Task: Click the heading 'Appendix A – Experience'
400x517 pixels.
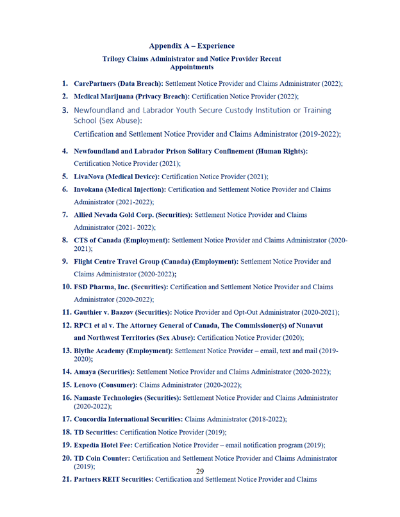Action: coord(192,46)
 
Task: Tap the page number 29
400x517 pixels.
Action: coord(200,472)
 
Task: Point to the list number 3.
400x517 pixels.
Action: coord(65,110)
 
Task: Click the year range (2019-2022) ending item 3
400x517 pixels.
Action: coord(319,135)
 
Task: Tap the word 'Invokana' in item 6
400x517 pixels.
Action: coord(91,190)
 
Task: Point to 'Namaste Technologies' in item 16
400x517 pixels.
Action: coord(113,397)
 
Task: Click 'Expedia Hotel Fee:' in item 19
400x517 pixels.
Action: coord(103,445)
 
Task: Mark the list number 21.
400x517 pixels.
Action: coord(67,479)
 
